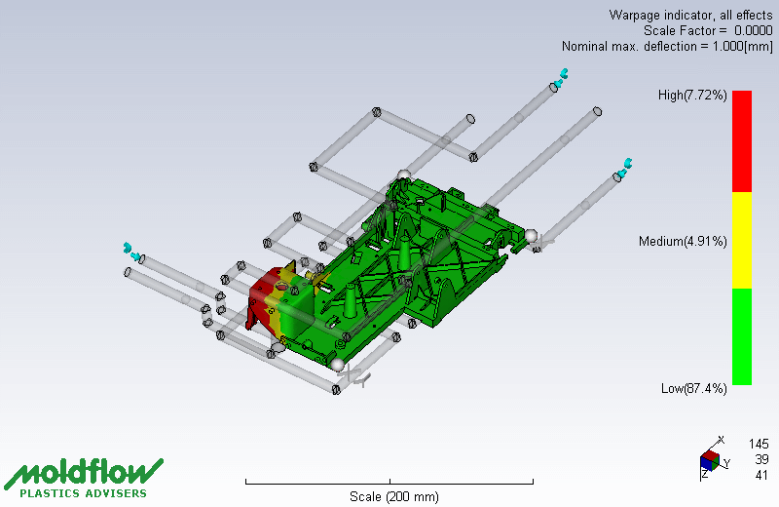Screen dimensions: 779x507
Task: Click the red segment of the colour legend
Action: [x=742, y=140]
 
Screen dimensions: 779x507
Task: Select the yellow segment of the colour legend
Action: [x=742, y=240]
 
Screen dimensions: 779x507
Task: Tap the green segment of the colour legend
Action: [x=742, y=336]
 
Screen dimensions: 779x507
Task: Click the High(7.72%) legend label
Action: [x=692, y=95]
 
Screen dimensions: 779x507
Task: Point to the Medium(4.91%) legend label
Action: [x=683, y=241]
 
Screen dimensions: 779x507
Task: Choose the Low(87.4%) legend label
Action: [x=693, y=389]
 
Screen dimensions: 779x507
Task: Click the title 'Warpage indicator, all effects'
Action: [x=690, y=15]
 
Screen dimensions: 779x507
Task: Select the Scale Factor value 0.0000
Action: [x=753, y=30]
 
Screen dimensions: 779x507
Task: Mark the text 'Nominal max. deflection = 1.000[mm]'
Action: [x=667, y=46]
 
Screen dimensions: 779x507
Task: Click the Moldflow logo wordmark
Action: [x=84, y=472]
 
